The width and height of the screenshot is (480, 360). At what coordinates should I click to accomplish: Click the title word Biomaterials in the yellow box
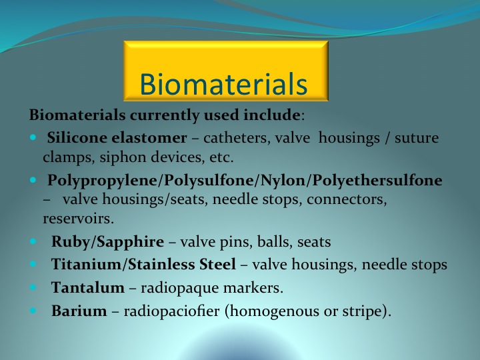coord(223,84)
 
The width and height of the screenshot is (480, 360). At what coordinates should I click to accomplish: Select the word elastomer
coord(149,138)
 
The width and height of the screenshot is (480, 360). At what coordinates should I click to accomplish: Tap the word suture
coord(417,138)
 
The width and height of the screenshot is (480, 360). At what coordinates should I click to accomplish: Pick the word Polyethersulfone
coord(377,180)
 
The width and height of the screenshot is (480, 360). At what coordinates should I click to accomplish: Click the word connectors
coord(347,199)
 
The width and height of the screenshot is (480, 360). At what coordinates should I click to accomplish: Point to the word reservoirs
coord(79,219)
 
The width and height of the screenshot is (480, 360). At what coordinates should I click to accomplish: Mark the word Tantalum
coord(88,287)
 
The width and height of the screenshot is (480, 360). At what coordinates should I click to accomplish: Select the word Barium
coord(79,311)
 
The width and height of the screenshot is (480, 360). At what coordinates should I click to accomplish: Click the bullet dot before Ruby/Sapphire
coord(33,241)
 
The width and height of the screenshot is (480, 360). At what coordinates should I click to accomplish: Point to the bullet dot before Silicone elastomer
coord(33,137)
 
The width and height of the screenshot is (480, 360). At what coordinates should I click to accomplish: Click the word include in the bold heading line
coord(271,115)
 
